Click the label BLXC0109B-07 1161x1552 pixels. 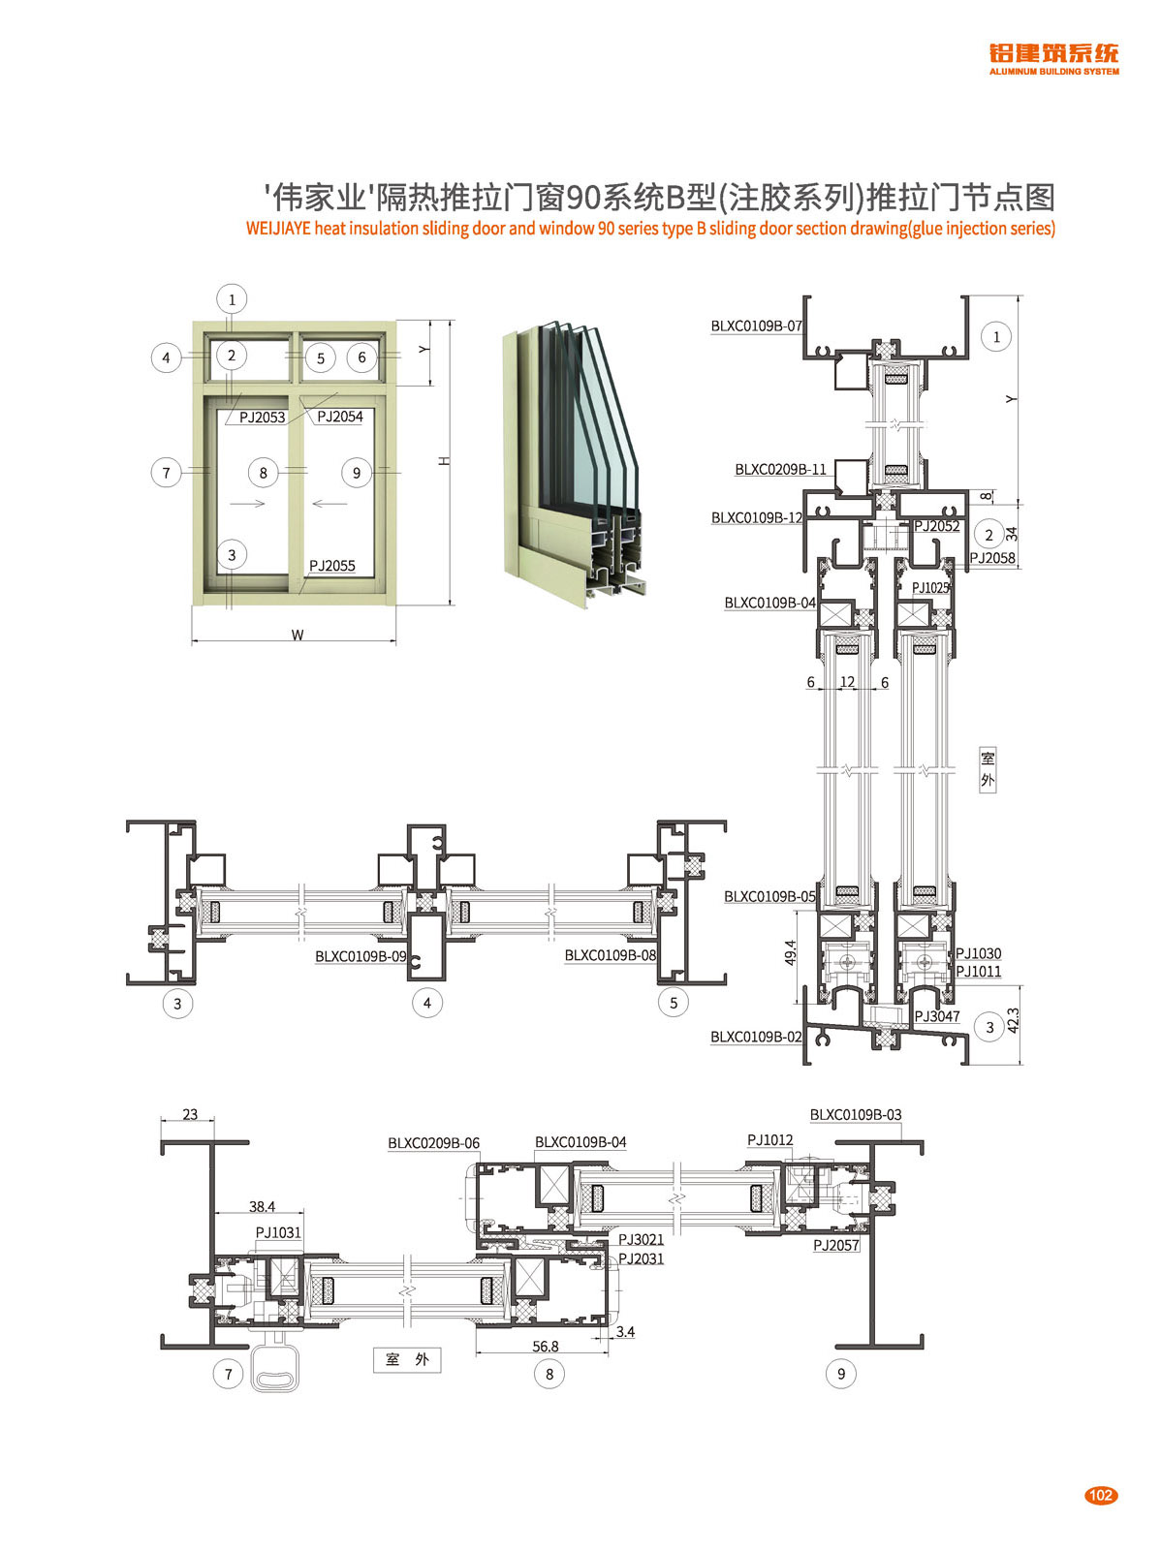[x=756, y=326]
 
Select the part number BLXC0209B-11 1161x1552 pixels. [x=780, y=470]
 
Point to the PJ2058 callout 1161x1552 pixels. [x=992, y=558]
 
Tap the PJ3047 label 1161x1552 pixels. [x=937, y=1016]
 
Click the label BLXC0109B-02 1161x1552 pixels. [x=756, y=1037]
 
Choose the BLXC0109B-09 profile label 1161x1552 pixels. [x=361, y=956]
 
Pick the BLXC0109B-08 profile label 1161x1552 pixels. [x=611, y=955]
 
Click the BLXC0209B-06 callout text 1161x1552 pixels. [x=433, y=1143]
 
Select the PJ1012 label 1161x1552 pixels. [x=769, y=1140]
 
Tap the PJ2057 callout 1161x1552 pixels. [x=836, y=1246]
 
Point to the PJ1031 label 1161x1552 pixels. [x=278, y=1232]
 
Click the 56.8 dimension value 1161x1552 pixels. [x=546, y=1347]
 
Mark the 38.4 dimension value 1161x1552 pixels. [x=262, y=1206]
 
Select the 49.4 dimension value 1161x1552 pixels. [x=790, y=952]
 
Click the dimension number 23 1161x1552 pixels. [x=190, y=1114]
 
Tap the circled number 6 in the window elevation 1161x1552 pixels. [x=362, y=357]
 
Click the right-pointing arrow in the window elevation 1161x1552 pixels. [x=248, y=503]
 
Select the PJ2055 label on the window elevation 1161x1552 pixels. [x=332, y=566]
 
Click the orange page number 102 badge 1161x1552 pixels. [x=1101, y=1495]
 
